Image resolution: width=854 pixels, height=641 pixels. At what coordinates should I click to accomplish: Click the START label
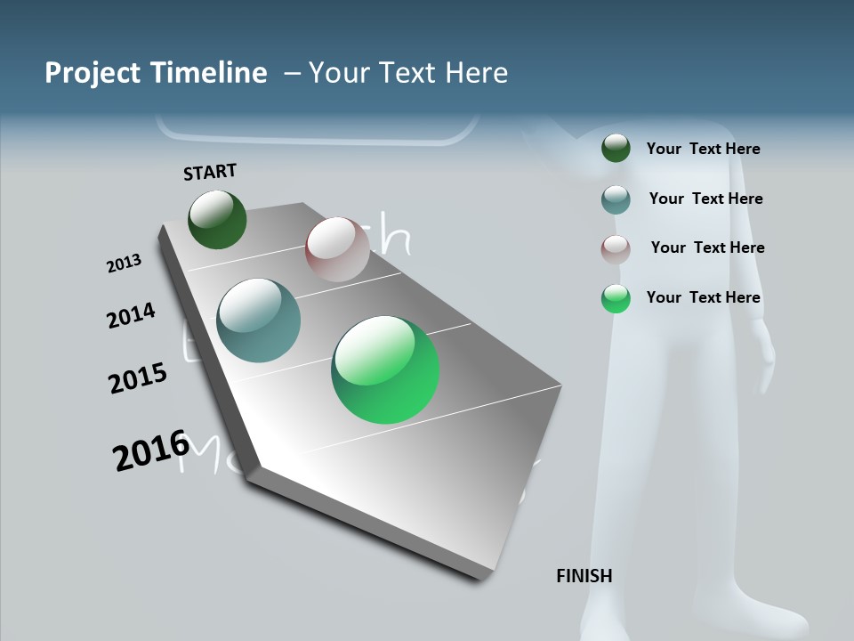[x=210, y=172]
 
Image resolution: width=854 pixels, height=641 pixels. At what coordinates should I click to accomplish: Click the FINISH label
[x=584, y=576]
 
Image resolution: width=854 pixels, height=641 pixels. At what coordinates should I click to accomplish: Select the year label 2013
[x=124, y=264]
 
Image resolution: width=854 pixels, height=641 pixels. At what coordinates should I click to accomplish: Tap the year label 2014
[x=131, y=315]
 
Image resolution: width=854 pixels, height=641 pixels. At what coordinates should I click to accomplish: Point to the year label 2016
[x=150, y=450]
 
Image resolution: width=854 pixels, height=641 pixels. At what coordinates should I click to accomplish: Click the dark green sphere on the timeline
[x=217, y=219]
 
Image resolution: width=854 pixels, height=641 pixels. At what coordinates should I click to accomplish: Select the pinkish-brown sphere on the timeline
[x=337, y=249]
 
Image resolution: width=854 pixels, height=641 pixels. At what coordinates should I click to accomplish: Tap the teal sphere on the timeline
[x=258, y=320]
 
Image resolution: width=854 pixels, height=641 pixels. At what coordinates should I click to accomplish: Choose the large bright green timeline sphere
[x=385, y=369]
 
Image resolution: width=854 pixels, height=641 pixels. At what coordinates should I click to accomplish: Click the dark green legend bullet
[x=616, y=148]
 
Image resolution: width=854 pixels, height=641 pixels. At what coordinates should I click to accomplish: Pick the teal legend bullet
[x=616, y=199]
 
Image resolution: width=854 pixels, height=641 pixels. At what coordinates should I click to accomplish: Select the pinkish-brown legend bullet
[x=616, y=249]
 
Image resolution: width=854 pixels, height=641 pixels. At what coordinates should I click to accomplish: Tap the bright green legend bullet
[x=616, y=298]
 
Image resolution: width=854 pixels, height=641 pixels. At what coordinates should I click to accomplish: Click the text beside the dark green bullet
[x=703, y=149]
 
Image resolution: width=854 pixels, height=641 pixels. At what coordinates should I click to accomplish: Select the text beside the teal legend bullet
[x=705, y=199]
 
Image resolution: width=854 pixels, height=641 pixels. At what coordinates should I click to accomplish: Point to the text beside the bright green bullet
[x=703, y=297]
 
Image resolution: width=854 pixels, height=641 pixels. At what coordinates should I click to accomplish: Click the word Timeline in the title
[x=209, y=73]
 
